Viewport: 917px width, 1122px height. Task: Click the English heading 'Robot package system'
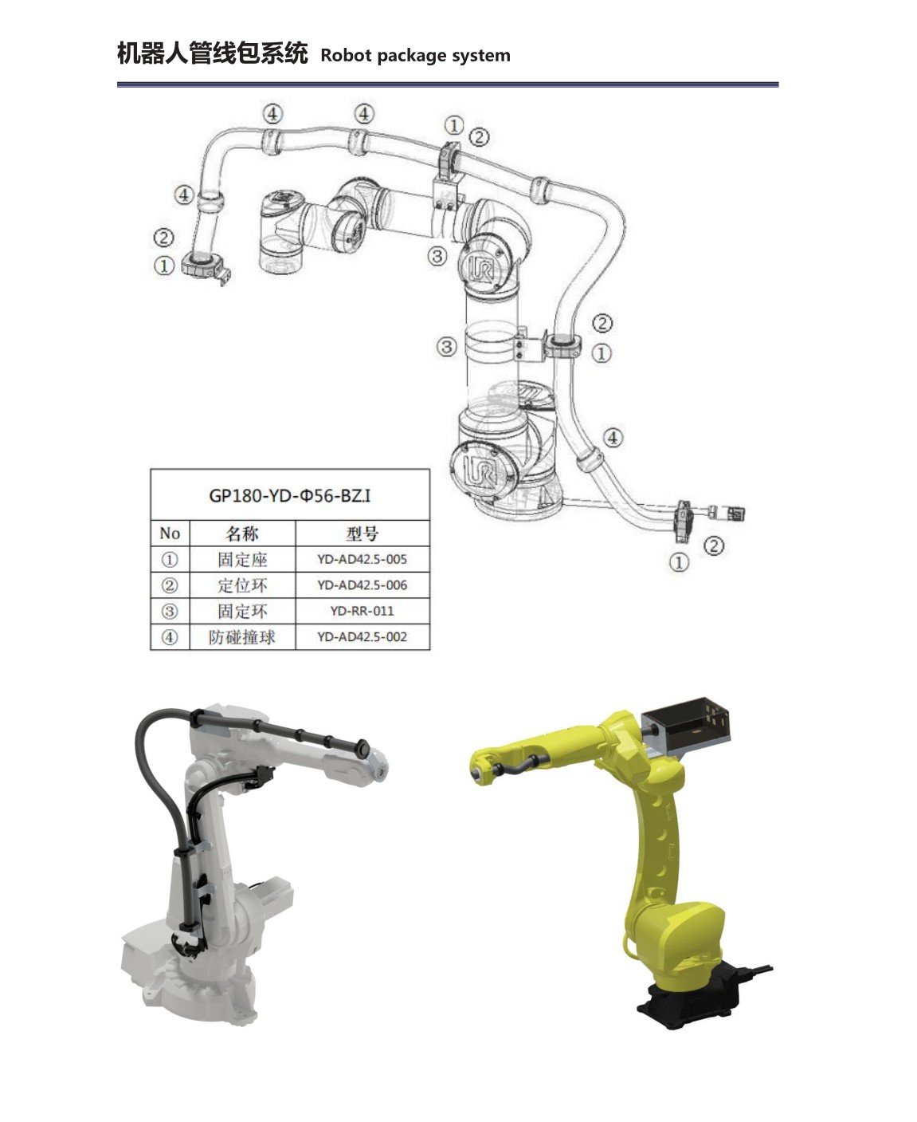pos(415,55)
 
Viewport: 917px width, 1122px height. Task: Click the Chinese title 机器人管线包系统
pos(213,53)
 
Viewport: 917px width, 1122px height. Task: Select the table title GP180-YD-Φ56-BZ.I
pos(290,495)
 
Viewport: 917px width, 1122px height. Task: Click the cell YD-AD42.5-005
pos(362,559)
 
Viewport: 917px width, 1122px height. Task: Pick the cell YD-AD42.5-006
pos(362,585)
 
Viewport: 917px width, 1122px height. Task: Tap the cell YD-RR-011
pos(362,611)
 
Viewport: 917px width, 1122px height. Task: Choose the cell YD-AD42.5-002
pos(362,637)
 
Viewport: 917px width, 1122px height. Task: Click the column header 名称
pos(242,533)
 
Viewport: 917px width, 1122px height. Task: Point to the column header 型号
pos(362,533)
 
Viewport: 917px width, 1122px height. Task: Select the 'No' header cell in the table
pos(170,533)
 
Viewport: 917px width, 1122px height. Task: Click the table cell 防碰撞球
pos(242,637)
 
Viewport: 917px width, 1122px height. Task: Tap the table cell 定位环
pos(242,585)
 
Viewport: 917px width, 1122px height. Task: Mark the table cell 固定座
pos(242,559)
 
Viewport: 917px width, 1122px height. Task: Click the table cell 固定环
pos(242,611)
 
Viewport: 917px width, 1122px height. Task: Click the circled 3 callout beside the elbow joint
pos(437,257)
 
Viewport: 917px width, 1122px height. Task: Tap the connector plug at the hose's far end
pos(735,514)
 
